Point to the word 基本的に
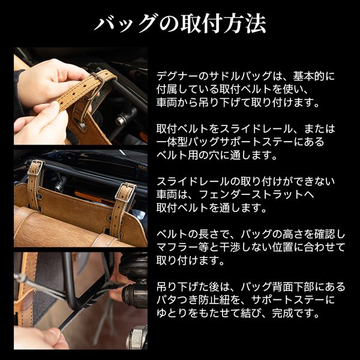(x=314, y=76)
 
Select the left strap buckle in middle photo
(x=35, y=167)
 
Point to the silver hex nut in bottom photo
(x=137, y=337)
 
